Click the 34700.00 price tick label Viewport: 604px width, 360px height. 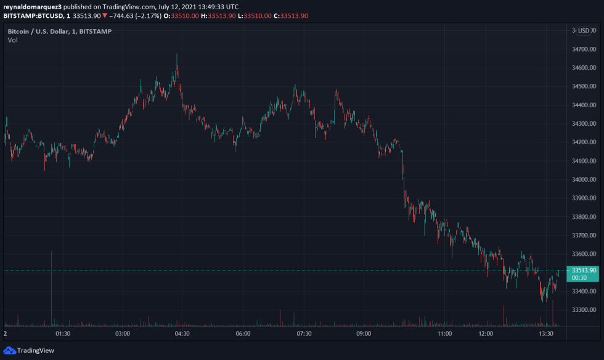pos(584,49)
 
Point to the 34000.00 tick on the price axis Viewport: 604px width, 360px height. pos(584,179)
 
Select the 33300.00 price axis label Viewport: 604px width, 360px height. pos(584,309)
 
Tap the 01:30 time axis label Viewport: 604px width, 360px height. pos(63,333)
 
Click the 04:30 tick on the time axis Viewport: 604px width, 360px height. pos(182,333)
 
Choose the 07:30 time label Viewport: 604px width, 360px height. pos(303,333)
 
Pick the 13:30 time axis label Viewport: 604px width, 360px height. pos(545,333)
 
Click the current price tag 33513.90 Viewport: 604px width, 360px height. pos(584,270)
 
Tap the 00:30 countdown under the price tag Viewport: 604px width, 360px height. pos(584,277)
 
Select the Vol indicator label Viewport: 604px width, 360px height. pos(13,40)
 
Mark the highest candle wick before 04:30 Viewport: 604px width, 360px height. pos(177,55)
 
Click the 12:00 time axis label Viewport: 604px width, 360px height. pos(485,333)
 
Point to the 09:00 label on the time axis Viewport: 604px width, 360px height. pos(364,333)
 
